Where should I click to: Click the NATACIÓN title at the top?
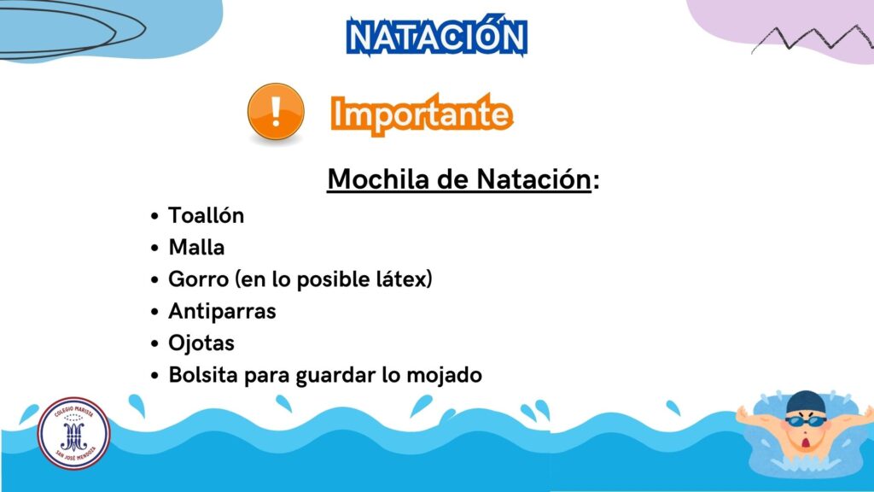click(436, 36)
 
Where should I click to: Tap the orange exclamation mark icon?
click(276, 112)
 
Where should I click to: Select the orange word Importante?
click(422, 114)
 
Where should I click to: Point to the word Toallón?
click(207, 215)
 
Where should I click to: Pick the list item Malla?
click(197, 247)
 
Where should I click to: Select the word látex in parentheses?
click(401, 279)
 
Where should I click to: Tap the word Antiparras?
click(223, 311)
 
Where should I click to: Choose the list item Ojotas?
click(201, 343)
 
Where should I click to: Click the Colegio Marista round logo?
click(73, 433)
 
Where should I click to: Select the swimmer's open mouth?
click(806, 443)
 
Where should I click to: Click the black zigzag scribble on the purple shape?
click(813, 38)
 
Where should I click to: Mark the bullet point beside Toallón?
click(154, 216)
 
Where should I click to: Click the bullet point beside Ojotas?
click(154, 343)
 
